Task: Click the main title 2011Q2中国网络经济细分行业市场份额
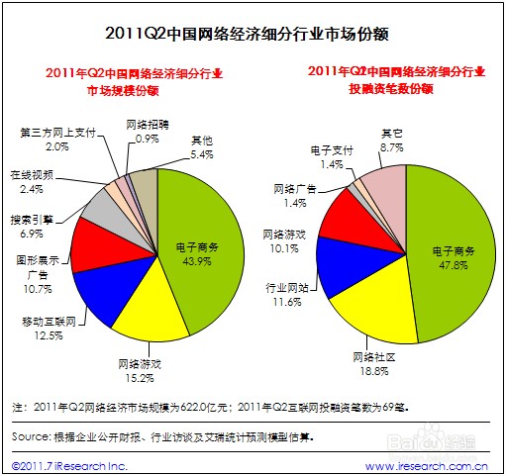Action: [x=253, y=33]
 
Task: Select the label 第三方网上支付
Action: [x=58, y=132]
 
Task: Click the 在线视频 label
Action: [x=32, y=174]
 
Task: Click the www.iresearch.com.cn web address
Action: [x=427, y=464]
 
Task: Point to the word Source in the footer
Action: [x=31, y=435]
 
